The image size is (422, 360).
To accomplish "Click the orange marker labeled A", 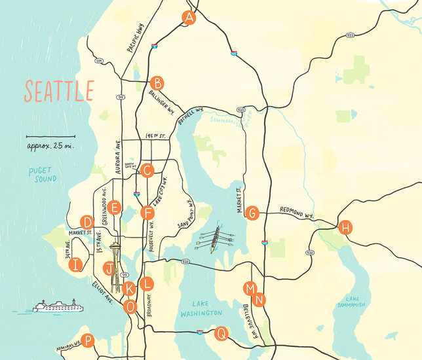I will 189,18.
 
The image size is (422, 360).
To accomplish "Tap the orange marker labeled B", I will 157,83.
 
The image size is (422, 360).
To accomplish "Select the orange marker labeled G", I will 252,213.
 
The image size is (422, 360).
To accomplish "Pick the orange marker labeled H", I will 345,228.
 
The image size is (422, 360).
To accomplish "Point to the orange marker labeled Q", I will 221,334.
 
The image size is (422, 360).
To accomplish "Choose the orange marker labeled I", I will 77,264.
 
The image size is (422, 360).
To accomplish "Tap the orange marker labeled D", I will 86,222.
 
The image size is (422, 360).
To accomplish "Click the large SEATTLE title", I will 59,91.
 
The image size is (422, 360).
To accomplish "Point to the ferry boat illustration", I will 59,306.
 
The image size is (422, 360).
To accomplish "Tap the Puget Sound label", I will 43,174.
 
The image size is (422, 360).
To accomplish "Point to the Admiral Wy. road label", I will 68,344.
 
